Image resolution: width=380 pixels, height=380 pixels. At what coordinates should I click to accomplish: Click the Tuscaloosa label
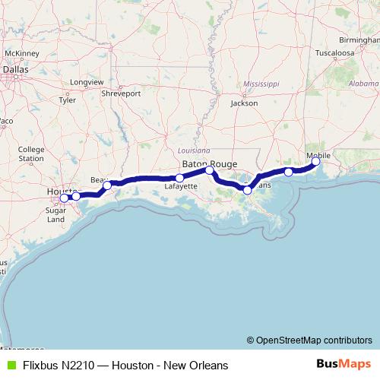pyautogui.click(x=335, y=54)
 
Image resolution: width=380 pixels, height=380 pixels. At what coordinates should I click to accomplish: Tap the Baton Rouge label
pyautogui.click(x=209, y=163)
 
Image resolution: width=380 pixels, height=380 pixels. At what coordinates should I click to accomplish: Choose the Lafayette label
pyautogui.click(x=181, y=186)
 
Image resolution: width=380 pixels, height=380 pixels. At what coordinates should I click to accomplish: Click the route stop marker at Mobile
pyautogui.click(x=316, y=161)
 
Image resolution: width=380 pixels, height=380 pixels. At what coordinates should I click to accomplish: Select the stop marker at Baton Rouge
pyautogui.click(x=210, y=170)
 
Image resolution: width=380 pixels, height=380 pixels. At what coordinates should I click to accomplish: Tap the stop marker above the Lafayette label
pyautogui.click(x=179, y=179)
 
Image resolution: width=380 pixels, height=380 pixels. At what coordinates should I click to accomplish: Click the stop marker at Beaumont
pyautogui.click(x=107, y=185)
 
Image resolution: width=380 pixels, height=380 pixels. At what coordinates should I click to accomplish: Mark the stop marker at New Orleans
pyautogui.click(x=247, y=189)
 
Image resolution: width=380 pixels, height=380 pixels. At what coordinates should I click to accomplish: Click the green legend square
pyautogui.click(x=9, y=365)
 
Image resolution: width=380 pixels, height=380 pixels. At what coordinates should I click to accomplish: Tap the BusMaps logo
pyautogui.click(x=344, y=365)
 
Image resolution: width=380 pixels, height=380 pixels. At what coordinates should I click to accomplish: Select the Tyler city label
pyautogui.click(x=67, y=100)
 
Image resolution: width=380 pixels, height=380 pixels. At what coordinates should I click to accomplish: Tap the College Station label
pyautogui.click(x=31, y=154)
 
